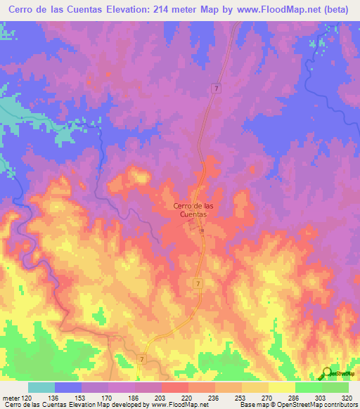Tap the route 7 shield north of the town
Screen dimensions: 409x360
(217, 88)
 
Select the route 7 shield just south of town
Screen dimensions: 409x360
(198, 283)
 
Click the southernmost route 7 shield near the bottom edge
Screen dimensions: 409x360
(143, 358)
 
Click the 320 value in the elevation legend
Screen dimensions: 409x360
(348, 397)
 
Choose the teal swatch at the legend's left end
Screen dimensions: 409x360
(41, 387)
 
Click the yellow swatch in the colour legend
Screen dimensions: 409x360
(281, 387)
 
